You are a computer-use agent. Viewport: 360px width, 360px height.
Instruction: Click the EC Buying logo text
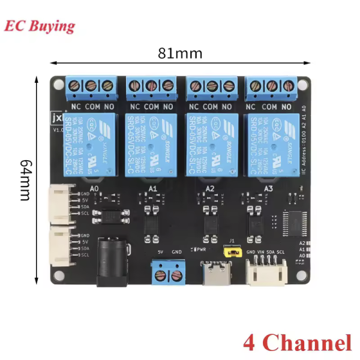[40, 26]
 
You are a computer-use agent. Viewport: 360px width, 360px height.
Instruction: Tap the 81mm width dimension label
[180, 53]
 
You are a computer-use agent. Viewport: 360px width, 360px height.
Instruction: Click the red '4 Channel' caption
[297, 343]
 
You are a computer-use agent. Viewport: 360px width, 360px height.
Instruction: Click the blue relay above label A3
[270, 144]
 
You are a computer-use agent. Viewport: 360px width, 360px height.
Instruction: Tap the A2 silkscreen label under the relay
[210, 188]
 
